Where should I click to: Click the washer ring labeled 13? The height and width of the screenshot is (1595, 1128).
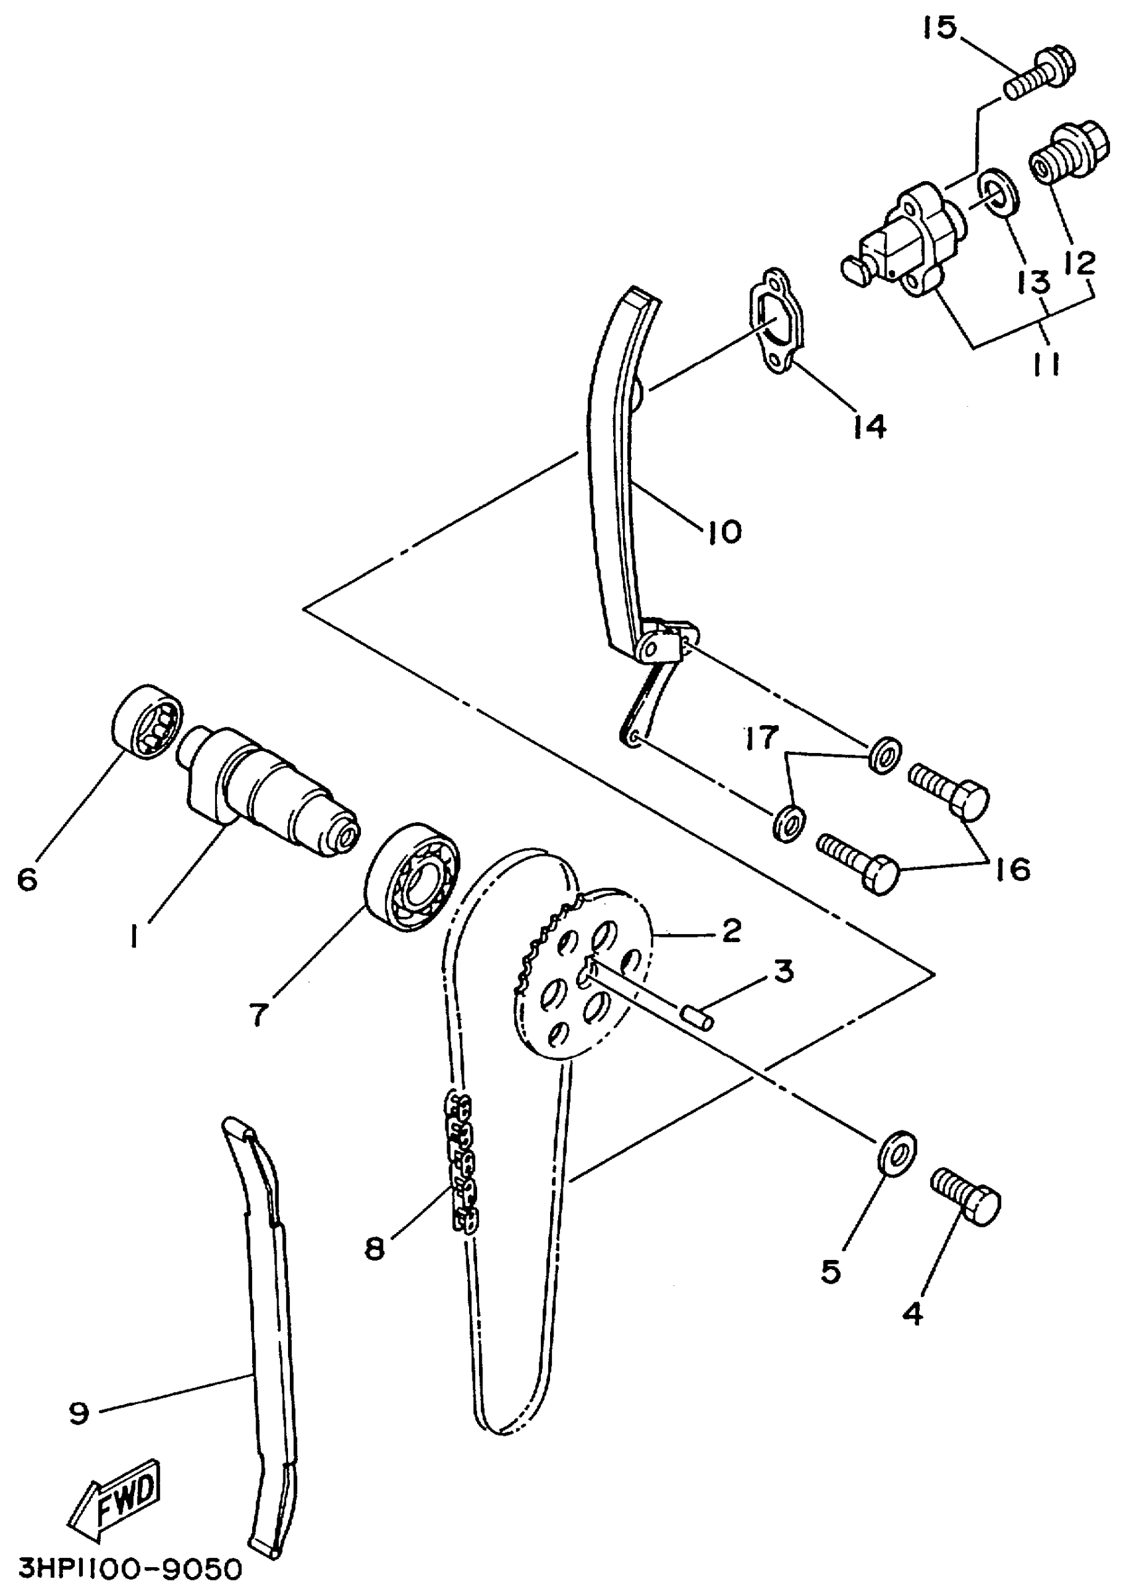point(998,194)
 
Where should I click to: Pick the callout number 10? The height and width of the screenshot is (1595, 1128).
point(724,532)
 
